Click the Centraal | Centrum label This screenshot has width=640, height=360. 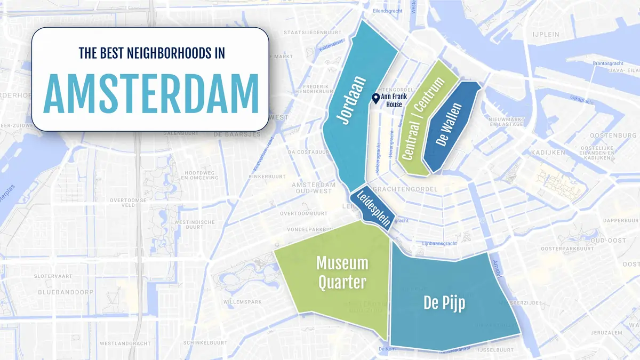423,119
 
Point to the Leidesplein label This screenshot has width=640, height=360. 372,207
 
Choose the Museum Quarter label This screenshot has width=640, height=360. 342,272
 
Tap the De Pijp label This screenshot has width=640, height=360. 444,303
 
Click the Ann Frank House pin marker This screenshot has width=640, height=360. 375,99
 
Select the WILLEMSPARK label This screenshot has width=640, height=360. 242,302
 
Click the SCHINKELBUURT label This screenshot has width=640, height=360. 207,342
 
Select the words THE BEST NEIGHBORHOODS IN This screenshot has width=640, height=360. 151,53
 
